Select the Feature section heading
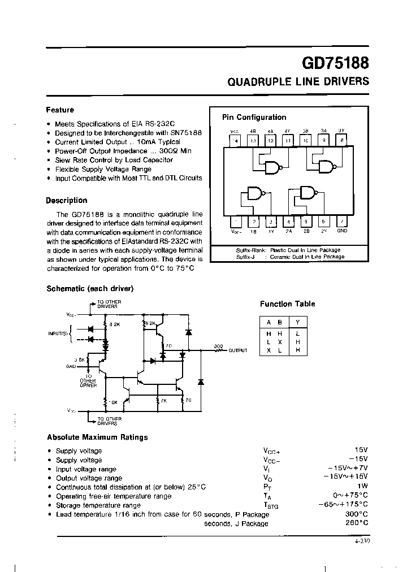coord(60,110)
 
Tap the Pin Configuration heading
coord(254,117)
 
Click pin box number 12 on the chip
coord(271,140)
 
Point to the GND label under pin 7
coord(342,231)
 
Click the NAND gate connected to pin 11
coord(273,167)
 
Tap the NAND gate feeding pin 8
coord(326,167)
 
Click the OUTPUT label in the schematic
coord(237,351)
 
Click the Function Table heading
coord(287,304)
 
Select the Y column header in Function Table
coord(297,323)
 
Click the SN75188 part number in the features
coord(183,133)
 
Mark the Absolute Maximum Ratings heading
coord(97,437)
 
